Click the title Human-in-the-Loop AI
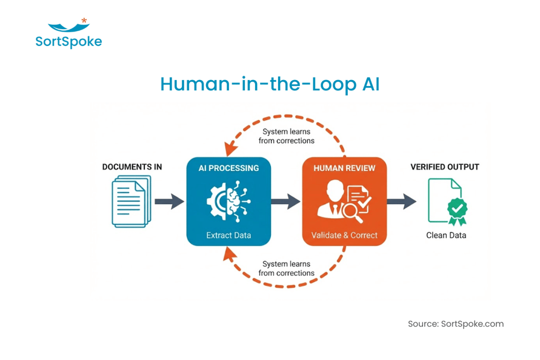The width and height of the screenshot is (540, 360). coord(270,84)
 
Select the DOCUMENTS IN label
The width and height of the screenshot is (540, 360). coord(132,167)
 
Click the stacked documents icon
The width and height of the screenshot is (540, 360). coord(130,201)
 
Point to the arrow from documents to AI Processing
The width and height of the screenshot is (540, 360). coord(169,201)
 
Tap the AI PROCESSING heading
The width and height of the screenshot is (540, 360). coord(228,168)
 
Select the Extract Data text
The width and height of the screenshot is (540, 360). coord(228,235)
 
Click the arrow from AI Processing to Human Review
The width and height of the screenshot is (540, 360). coord(285,201)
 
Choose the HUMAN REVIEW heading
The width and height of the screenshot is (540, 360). coord(344,168)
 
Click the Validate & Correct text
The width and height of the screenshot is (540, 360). coord(344,235)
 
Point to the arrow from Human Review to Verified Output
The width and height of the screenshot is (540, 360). coord(401,201)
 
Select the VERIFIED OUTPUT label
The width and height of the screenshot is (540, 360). coord(445,167)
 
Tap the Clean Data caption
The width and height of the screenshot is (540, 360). coord(446,235)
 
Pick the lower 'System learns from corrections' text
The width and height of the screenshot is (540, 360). coord(287,268)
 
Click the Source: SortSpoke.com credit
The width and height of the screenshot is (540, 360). coord(456,324)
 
